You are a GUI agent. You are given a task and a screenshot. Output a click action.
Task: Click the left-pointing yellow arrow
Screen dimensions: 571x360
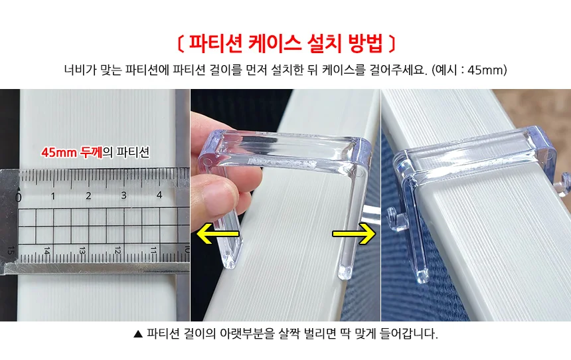[x=217, y=234]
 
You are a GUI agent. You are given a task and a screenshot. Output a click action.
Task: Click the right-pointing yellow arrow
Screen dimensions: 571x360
[x=354, y=234]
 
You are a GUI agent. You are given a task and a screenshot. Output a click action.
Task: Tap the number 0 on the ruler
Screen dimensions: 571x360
[x=18, y=197]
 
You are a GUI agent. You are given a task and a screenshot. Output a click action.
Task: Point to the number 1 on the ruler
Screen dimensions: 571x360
[x=53, y=197]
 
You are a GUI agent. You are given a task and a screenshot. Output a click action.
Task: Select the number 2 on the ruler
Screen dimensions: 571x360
[x=88, y=196]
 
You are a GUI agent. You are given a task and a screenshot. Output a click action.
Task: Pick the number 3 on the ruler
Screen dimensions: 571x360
[x=123, y=195]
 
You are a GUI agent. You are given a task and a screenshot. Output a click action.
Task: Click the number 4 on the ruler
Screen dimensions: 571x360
[x=159, y=195]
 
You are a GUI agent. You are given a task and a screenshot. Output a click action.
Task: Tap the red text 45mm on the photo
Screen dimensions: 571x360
[x=59, y=152]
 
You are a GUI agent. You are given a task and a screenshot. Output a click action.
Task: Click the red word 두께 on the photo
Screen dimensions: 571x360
[x=91, y=152]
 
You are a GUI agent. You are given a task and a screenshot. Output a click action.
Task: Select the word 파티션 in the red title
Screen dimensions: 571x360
[x=216, y=43]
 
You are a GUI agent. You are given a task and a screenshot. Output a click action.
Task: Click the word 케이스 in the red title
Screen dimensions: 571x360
[x=275, y=43]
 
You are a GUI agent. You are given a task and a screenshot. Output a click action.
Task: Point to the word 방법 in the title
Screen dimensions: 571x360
[x=365, y=43]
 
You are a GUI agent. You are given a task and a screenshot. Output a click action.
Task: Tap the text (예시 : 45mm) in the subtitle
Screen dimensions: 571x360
[x=469, y=70]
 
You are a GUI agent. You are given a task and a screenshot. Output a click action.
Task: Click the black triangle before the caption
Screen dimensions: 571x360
[x=138, y=334]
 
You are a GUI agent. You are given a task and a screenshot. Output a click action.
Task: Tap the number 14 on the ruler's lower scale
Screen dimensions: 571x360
[x=46, y=250]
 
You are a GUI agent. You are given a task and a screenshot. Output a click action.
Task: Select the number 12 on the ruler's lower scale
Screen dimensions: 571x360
[x=118, y=250]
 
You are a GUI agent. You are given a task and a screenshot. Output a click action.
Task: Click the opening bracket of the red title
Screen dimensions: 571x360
[x=181, y=44]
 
